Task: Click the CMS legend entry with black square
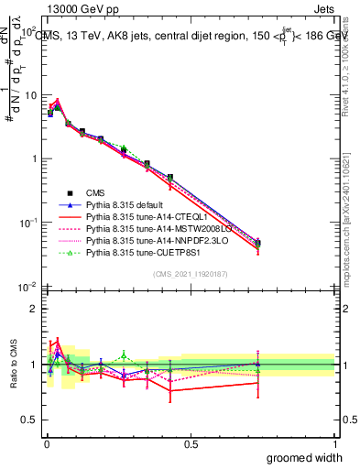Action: pos(97,192)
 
